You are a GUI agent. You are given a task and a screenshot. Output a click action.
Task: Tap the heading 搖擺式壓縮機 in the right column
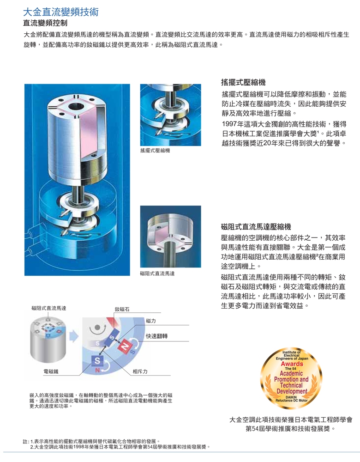243,82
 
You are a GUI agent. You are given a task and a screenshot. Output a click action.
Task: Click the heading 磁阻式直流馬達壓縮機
256,226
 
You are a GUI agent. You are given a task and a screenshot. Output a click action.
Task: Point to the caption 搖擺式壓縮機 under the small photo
155,151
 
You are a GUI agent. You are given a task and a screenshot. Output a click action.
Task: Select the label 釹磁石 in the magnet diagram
122,309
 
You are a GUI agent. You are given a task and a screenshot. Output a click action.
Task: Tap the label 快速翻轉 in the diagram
156,336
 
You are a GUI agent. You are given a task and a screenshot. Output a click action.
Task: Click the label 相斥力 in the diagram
140,371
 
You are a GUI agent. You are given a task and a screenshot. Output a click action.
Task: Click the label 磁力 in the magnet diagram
150,321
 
